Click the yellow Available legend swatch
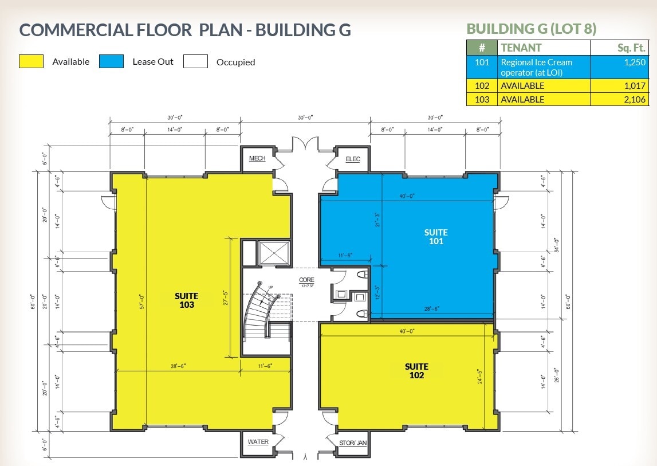click(31, 62)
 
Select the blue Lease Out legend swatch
click(111, 62)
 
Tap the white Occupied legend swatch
click(195, 62)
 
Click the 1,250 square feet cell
click(620, 67)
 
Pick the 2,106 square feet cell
click(620, 100)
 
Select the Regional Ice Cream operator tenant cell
click(544, 67)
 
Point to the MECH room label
click(257, 159)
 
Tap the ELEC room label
click(353, 159)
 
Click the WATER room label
click(258, 442)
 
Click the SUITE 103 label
click(187, 300)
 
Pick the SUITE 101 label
click(436, 237)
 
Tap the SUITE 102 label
click(416, 371)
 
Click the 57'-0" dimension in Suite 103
click(141, 301)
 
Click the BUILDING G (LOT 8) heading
click(532, 29)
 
